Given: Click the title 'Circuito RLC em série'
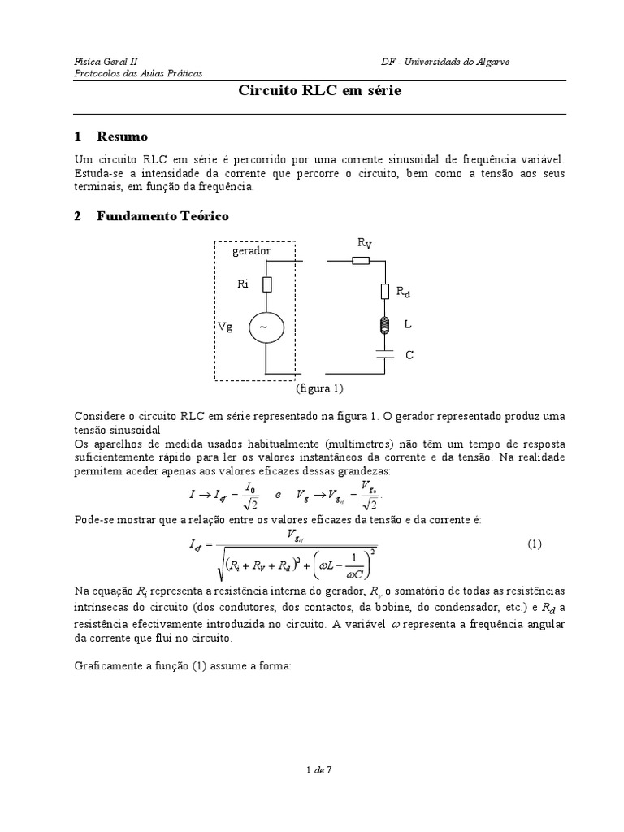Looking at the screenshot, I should tap(319, 92).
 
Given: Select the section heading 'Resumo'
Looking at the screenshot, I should tap(122, 136).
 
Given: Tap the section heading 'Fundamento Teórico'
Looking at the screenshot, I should tap(162, 216).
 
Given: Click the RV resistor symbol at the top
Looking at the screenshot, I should tap(361, 261).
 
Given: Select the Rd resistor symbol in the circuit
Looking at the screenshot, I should tap(386, 292).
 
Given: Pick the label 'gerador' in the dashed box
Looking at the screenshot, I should tap(251, 252).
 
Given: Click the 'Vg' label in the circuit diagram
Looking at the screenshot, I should tap(225, 326).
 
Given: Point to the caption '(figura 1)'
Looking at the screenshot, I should tap(319, 388).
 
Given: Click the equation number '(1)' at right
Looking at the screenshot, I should tap(535, 544).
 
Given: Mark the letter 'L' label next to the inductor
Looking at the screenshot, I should tap(408, 324).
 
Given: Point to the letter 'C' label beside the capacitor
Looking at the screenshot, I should tap(410, 355).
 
